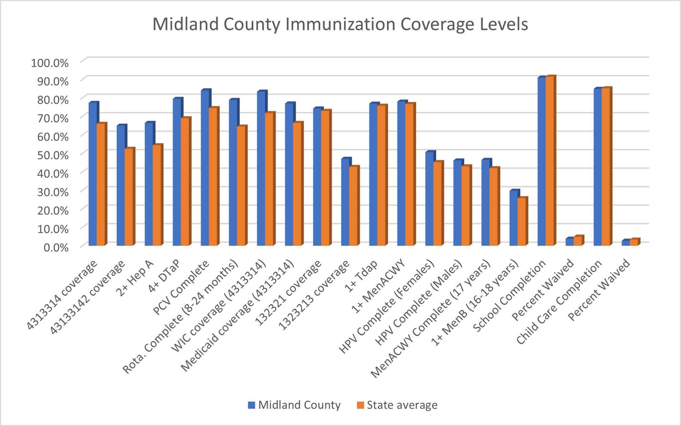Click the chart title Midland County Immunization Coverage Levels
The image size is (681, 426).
(340, 24)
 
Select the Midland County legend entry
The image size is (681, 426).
(294, 405)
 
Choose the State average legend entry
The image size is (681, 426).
(397, 405)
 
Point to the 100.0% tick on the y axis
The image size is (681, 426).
(50, 63)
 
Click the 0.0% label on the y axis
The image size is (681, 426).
(56, 247)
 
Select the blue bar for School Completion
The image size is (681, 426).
(541, 162)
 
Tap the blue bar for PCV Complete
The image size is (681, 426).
(205, 168)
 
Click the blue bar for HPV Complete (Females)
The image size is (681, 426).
(429, 199)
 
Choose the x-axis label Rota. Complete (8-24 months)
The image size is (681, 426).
(180, 316)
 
